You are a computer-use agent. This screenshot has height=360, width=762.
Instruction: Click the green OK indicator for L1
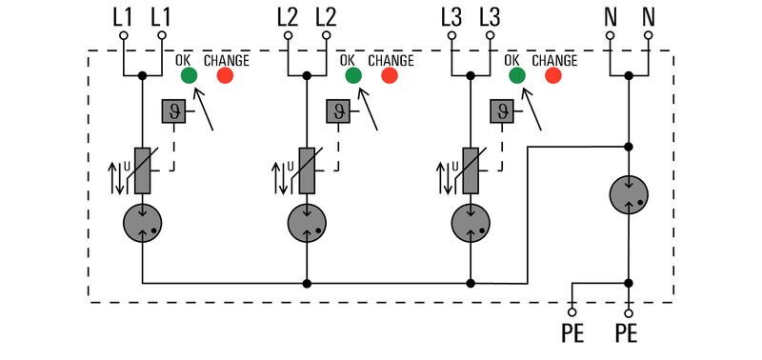tap(188, 75)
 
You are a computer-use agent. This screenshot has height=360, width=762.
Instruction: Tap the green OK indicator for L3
tap(517, 75)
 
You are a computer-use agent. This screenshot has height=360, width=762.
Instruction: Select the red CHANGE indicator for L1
tap(226, 75)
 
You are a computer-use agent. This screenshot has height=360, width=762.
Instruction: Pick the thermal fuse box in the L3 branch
tap(501, 111)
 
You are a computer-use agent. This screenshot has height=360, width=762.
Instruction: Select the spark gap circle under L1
tap(142, 224)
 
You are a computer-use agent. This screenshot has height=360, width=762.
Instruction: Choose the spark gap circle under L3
tap(471, 224)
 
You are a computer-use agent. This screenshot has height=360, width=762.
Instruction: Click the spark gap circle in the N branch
tap(629, 194)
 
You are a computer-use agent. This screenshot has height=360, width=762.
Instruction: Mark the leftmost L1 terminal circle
tap(124, 36)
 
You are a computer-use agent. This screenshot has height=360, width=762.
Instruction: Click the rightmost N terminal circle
tap(649, 36)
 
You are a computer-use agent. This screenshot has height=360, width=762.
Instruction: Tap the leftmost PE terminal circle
tap(571, 310)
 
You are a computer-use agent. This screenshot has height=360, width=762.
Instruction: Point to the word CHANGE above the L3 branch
tap(554, 60)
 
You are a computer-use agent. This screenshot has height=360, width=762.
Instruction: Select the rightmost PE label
tap(629, 336)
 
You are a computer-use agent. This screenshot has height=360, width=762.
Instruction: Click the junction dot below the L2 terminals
tap(307, 75)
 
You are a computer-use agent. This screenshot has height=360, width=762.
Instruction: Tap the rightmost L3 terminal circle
tap(491, 36)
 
